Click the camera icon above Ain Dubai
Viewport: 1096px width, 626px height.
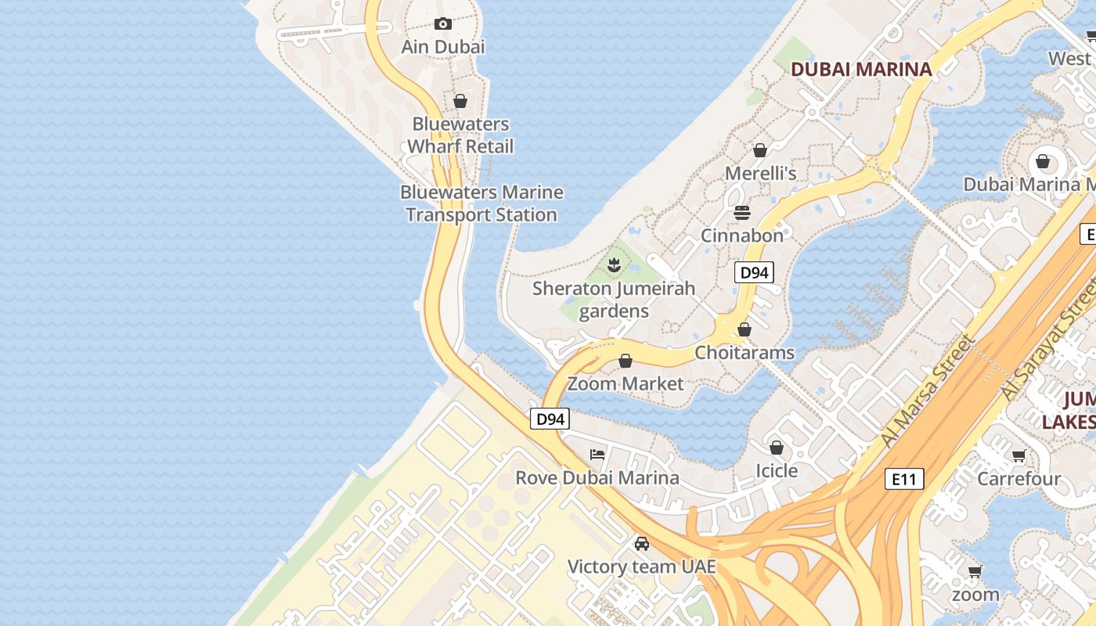pos(443,23)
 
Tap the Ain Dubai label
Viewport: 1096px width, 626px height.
pos(443,47)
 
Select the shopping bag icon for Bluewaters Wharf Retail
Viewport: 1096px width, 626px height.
pos(460,101)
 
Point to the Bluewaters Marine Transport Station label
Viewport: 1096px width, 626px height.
pos(481,203)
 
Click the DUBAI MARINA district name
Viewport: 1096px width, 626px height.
pos(861,69)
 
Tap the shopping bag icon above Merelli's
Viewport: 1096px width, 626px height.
pos(759,149)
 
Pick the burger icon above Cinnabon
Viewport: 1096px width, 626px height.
pos(741,213)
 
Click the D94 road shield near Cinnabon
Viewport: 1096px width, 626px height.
pos(754,272)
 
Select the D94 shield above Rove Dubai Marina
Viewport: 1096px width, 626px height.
pos(550,419)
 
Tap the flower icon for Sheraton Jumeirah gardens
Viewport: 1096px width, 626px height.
pos(615,265)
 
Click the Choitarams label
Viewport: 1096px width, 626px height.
pos(744,353)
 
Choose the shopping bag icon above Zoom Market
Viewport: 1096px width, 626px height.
pos(626,361)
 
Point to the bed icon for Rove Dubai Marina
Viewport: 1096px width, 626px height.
pos(597,455)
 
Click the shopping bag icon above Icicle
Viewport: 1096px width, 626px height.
pos(776,448)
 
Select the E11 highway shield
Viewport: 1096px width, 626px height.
pos(903,479)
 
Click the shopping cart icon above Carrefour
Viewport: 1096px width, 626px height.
pos(1018,455)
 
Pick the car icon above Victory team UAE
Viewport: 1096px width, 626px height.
pos(642,543)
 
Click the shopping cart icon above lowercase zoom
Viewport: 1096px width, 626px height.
pos(975,571)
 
